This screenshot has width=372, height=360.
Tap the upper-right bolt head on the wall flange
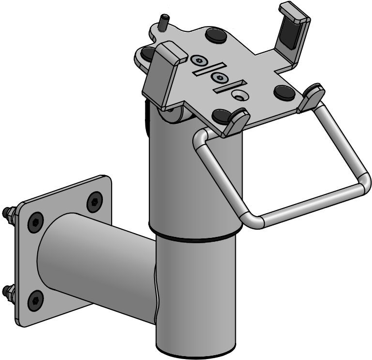pyautogui.click(x=95, y=201)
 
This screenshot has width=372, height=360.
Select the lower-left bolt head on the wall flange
pyautogui.click(x=36, y=301)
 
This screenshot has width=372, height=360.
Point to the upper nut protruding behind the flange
pyautogui.click(x=9, y=212)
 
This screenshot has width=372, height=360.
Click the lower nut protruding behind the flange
pyautogui.click(x=8, y=291)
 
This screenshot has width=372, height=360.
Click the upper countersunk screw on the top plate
pyautogui.click(x=199, y=60)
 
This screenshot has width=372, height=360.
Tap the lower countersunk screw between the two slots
pyautogui.click(x=220, y=78)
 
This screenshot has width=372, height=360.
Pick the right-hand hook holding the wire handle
pyautogui.click(x=311, y=97)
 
